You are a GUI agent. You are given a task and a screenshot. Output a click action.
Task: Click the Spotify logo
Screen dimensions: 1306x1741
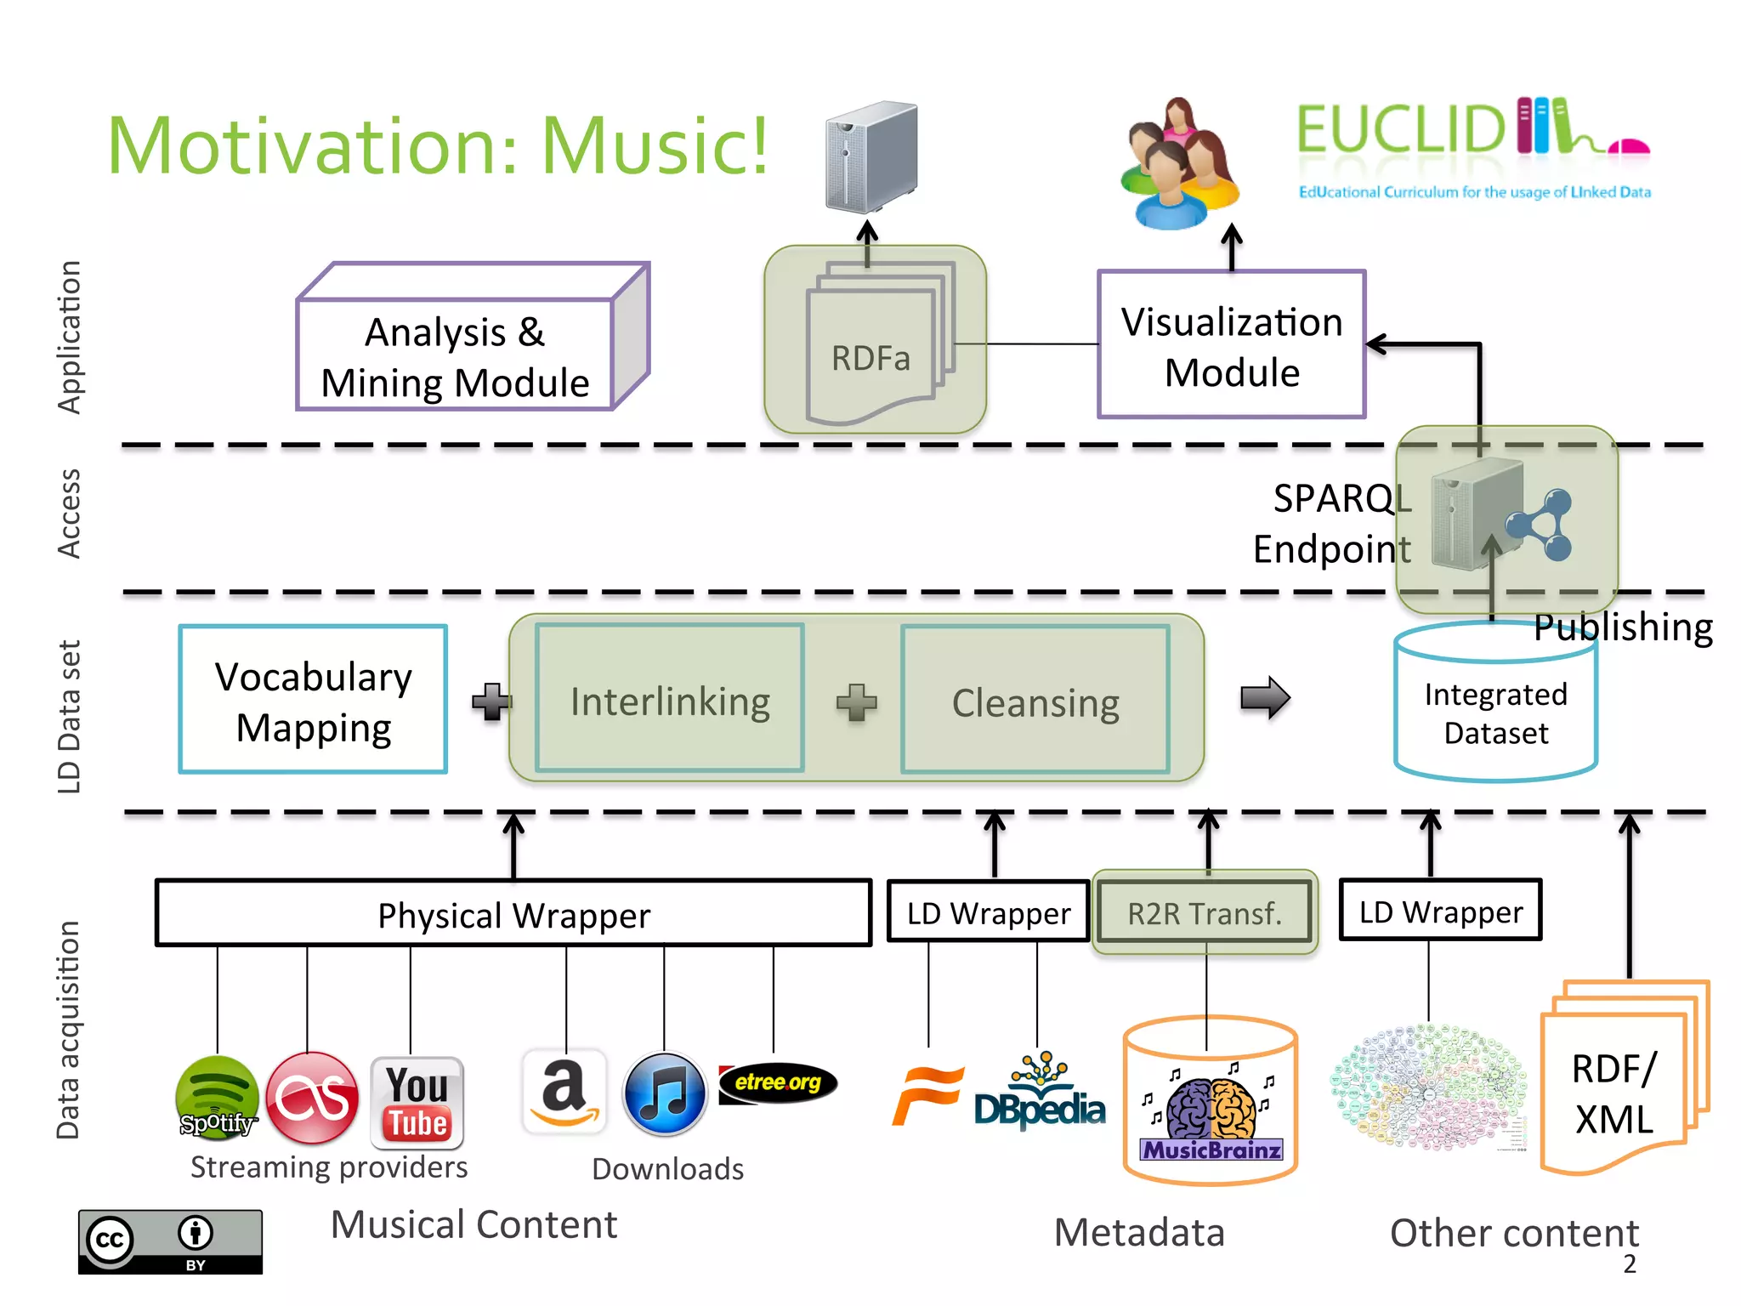tap(217, 1098)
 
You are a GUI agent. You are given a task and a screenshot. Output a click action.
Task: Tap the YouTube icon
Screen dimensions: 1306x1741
tap(417, 1102)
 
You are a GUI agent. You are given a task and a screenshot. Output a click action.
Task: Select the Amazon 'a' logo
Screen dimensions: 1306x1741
tap(564, 1092)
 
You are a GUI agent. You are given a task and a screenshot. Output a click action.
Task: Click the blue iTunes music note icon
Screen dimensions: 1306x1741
tap(665, 1094)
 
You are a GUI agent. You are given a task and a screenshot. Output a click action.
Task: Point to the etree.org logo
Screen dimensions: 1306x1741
tap(778, 1082)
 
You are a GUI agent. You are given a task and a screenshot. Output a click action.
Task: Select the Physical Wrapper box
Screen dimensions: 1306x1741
tap(513, 914)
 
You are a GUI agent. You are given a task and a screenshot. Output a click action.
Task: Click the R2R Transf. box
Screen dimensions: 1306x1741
tap(1204, 913)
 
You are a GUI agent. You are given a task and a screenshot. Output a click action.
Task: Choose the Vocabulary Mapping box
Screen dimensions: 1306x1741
tap(313, 700)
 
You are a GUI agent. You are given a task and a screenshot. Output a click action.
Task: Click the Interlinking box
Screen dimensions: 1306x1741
tap(670, 700)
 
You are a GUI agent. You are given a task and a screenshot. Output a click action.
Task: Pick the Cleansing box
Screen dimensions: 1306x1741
tap(1035, 701)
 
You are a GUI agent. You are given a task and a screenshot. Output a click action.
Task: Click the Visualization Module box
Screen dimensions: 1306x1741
tap(1231, 345)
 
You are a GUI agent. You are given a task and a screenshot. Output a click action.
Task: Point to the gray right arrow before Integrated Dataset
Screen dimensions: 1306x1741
tap(1264, 697)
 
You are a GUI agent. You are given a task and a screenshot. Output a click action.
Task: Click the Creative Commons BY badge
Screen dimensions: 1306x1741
tap(170, 1241)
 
